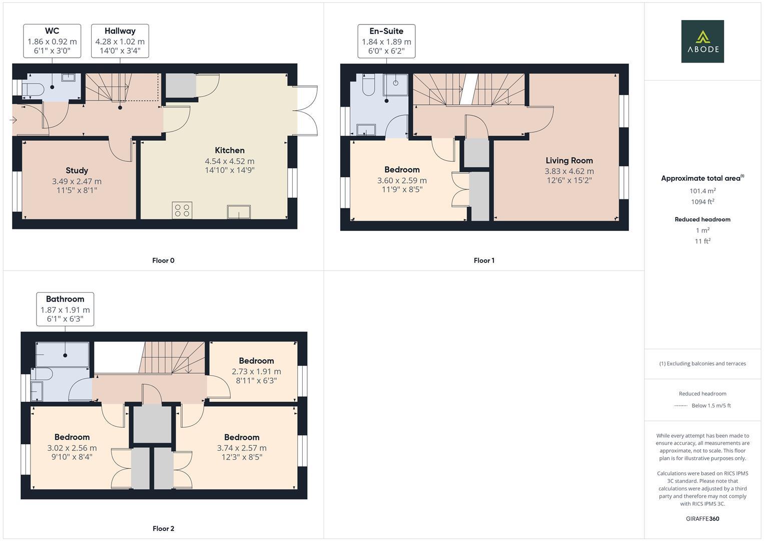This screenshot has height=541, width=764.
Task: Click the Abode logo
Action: coord(702,42)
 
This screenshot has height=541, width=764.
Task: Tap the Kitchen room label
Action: coord(230,150)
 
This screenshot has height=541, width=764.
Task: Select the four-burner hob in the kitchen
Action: coord(182,210)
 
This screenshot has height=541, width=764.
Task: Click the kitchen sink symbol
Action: coord(239,212)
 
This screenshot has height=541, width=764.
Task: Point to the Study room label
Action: coord(77,170)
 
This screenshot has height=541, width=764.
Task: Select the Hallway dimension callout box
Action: coord(120,41)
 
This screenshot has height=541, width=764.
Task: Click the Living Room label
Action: coord(569,160)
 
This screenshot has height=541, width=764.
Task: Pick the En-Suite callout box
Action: coord(386,41)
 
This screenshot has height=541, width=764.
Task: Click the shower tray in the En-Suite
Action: coord(396,83)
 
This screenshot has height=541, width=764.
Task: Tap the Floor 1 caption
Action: coord(484,260)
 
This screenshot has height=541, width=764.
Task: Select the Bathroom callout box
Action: coord(65,309)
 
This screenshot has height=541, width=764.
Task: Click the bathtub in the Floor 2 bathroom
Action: coord(63,354)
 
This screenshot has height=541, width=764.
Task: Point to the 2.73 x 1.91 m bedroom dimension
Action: coord(256,372)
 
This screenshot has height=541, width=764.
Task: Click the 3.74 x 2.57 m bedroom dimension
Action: coord(242,448)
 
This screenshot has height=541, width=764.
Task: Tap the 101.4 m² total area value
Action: coord(702,191)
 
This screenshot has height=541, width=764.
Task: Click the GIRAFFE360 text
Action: coord(702,518)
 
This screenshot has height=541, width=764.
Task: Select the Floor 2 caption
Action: coord(164,528)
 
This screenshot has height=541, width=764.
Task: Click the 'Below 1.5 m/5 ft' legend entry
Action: coord(710,406)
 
